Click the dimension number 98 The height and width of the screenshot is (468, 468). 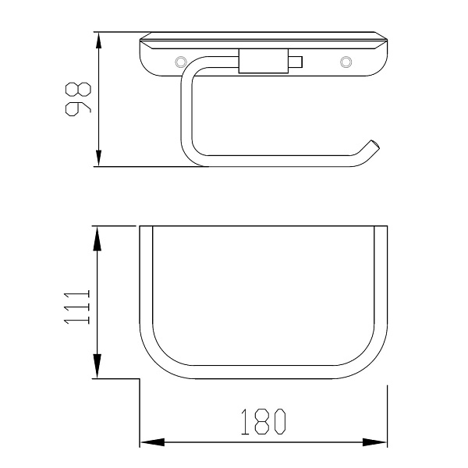point(78,99)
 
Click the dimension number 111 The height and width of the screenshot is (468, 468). point(77,307)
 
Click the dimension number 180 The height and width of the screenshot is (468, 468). point(264,421)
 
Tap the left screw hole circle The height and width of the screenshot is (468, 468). point(180,62)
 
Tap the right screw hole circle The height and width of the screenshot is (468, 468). point(346,62)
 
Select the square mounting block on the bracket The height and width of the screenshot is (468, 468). point(264,61)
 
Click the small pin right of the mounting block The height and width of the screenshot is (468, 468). point(296,62)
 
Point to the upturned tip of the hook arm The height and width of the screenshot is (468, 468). point(374,145)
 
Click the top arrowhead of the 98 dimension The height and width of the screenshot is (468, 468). point(98,41)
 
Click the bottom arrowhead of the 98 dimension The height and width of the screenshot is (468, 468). point(98,158)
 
